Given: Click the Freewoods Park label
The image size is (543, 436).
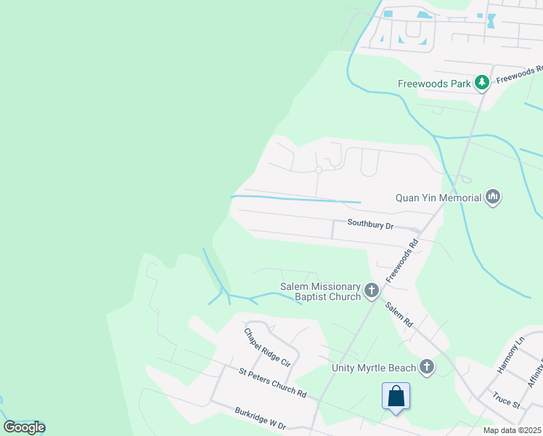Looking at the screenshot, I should [434, 84].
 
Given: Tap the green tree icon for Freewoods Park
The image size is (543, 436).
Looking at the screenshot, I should [481, 83].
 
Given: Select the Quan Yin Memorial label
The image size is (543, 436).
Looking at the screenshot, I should [438, 198].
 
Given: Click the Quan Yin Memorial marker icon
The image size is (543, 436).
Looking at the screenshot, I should [494, 197].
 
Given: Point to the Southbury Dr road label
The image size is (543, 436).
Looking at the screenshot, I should [370, 225].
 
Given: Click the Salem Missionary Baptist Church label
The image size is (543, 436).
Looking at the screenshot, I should [321, 291].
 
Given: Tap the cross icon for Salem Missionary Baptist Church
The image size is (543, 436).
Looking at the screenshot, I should [372, 291].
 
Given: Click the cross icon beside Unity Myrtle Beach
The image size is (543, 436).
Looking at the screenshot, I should [426, 367].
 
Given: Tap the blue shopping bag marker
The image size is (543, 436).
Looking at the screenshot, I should [396, 397].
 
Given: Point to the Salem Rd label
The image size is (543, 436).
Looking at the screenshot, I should [399, 313].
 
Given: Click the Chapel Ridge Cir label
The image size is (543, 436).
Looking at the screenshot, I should [267, 347].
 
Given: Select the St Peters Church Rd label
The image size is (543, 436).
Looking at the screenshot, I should [272, 382].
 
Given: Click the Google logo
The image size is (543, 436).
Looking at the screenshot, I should [24, 427].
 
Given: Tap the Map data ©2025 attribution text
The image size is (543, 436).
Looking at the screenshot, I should [512, 430].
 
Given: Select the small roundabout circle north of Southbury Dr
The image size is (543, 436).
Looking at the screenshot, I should [319, 170].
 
